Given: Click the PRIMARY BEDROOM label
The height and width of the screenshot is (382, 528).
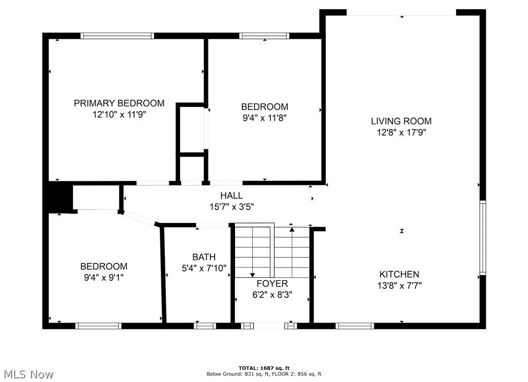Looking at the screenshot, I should [119, 103].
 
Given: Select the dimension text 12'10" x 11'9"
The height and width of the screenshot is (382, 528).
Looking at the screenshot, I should [119, 115].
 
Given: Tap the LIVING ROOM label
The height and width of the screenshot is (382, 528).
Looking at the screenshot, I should [401, 121].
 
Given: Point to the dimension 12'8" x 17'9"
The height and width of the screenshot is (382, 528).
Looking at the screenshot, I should [401, 133].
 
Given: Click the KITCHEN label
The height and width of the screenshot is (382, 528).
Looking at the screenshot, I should [399, 274].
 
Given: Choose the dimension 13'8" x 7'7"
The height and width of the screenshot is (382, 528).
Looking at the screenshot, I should [399, 286].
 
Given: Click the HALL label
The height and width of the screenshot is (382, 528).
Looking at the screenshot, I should [231, 196].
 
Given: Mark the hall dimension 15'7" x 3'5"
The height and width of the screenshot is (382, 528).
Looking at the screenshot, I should [231, 207].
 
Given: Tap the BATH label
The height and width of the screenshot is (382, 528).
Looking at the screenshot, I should [204, 257].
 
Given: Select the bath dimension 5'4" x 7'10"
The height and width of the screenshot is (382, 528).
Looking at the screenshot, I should [204, 269].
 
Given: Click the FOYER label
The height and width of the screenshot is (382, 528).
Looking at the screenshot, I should [272, 283].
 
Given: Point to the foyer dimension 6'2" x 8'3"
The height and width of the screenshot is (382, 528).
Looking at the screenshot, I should [272, 294].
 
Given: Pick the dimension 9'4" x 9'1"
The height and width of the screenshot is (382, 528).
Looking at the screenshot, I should [103, 278].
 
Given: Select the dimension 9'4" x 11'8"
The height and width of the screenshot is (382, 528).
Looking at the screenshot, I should [264, 118].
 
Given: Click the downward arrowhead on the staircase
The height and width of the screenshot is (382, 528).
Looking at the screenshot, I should [252, 274].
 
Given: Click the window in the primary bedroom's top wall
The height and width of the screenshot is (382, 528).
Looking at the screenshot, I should [117, 36].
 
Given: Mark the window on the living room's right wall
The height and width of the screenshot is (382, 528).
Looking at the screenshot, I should [482, 238].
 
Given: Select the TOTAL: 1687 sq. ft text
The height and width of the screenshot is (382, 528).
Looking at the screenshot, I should [264, 368].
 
